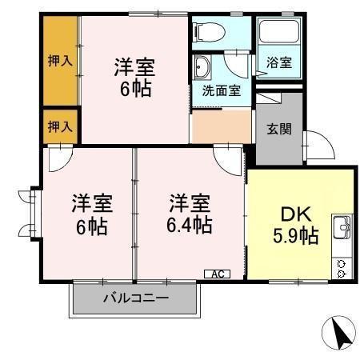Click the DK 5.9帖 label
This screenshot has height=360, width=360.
pos(298,225)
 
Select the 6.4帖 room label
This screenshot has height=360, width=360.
pos(190,214)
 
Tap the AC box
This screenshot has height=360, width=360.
pos(217,274)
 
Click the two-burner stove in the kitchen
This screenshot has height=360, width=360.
pos(342,268)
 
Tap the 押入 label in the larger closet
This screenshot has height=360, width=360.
pos(60,59)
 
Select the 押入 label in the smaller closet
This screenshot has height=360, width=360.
pos(60,126)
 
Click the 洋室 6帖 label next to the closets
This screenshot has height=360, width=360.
pos(134,76)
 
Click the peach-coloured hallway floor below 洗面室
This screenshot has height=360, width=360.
pos(221,125)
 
